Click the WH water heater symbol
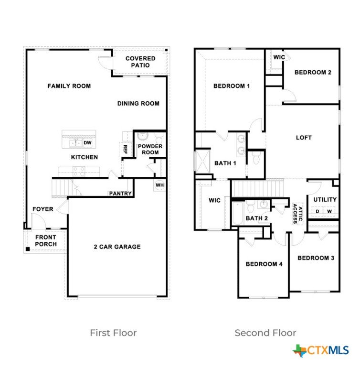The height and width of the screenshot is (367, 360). pyautogui.click(x=160, y=185)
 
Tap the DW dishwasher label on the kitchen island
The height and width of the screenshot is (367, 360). pyautogui.click(x=87, y=143)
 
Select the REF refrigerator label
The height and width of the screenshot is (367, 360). pyautogui.click(x=125, y=149)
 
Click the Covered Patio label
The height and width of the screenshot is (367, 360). pyautogui.click(x=140, y=62)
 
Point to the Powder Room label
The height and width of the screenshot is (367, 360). pyautogui.click(x=150, y=149)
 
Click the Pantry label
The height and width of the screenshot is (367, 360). pyautogui.click(x=120, y=194)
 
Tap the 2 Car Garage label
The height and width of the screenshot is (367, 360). pyautogui.click(x=117, y=247)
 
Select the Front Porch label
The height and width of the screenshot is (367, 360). pyautogui.click(x=46, y=241)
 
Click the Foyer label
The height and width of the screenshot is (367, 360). pyautogui.click(x=43, y=209)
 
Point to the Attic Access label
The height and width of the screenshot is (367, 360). pyautogui.click(x=298, y=214)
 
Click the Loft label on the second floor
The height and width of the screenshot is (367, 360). pyautogui.click(x=304, y=138)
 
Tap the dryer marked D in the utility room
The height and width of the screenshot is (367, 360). pyautogui.click(x=318, y=211)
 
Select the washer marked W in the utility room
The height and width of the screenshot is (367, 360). pyautogui.click(x=329, y=211)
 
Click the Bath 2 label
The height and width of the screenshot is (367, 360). pyautogui.click(x=256, y=218)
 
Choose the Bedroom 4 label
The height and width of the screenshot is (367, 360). pyautogui.click(x=264, y=264)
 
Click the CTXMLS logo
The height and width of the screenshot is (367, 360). pyautogui.click(x=321, y=350)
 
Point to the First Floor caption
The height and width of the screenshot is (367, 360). pyautogui.click(x=113, y=333)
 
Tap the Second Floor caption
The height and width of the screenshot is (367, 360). pyautogui.click(x=265, y=333)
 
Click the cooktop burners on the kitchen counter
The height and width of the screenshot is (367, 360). pyautogui.click(x=79, y=172)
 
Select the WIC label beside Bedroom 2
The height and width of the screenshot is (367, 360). pyautogui.click(x=279, y=57)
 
